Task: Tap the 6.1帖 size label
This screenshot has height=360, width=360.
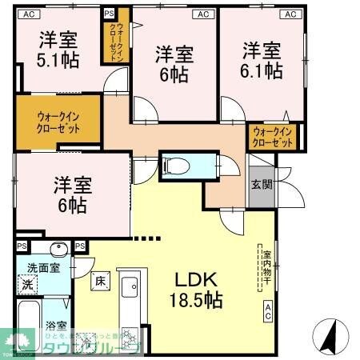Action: click(x=262, y=70)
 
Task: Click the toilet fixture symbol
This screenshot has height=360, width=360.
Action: click(x=177, y=166)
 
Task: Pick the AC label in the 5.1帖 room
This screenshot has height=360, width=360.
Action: click(x=28, y=13)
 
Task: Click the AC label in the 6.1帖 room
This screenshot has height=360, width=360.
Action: click(x=289, y=13)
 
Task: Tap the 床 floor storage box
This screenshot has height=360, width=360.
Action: click(x=100, y=282)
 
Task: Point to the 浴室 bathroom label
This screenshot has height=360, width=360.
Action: click(x=56, y=326)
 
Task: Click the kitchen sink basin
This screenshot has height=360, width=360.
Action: click(x=129, y=285)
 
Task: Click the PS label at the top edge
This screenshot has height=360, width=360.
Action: click(x=110, y=13)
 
